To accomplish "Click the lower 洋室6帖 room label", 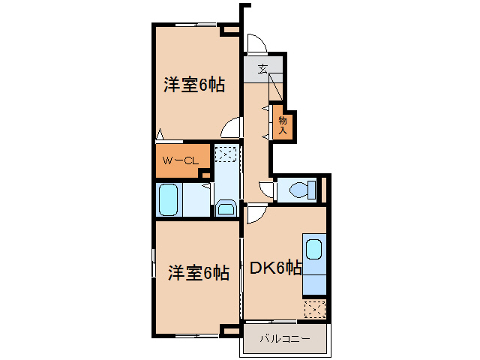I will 197,272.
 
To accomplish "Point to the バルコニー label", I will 284,340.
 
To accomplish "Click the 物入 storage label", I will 283,124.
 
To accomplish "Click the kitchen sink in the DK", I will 313,249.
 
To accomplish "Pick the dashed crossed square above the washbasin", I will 226,154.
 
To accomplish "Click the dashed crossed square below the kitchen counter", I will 315,308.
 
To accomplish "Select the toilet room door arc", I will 266,190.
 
